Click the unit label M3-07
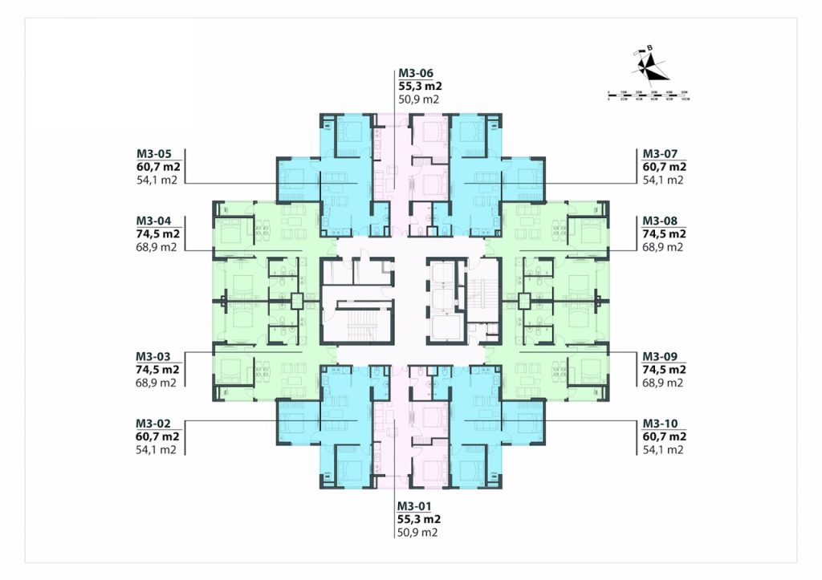[x=659, y=154]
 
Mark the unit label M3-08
[x=659, y=221]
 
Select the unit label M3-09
[x=659, y=356]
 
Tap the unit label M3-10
[x=659, y=423]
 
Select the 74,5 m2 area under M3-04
[x=157, y=234]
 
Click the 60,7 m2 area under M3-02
[x=157, y=436]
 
